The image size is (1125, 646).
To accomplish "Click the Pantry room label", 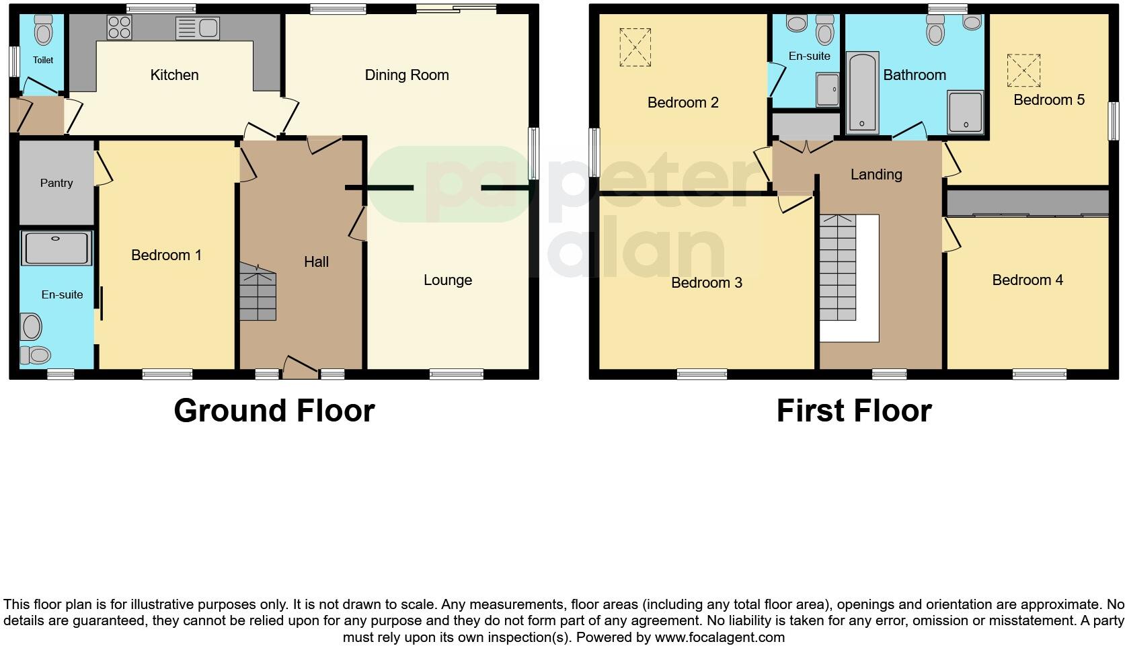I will (56, 183).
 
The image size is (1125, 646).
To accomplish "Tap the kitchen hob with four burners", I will (119, 28).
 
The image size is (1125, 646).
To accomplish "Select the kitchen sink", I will (197, 28).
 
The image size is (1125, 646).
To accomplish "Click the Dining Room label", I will (407, 75).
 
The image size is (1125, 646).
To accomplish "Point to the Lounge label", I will (448, 280).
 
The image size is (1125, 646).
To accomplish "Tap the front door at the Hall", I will (299, 367).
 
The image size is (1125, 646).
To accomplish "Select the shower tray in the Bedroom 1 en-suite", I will (56, 248).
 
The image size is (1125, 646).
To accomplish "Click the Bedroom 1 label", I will (166, 255).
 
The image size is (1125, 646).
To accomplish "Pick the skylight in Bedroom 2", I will (635, 47).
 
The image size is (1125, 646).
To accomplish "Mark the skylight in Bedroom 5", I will (1023, 71).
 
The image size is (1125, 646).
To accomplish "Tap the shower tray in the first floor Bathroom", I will (965, 112).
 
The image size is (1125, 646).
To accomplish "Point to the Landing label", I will (876, 175).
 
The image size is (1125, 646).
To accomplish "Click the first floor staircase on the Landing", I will (837, 269).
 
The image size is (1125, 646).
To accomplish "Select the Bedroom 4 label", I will (1027, 280).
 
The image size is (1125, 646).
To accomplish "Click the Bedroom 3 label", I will (707, 283).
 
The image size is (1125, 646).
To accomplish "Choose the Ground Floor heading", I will (274, 411).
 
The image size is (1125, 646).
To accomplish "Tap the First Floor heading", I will (854, 411).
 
